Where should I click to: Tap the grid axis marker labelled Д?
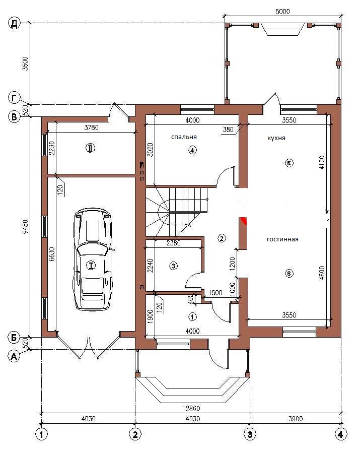point(15,23)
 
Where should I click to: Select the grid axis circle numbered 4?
point(341,434)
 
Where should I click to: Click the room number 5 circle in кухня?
point(289,163)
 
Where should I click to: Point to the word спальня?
point(184,137)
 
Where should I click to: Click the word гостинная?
point(282,239)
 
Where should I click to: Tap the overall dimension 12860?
point(191,409)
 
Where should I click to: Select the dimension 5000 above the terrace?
point(282,12)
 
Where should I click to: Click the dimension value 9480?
point(25,227)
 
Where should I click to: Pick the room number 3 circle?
point(173,266)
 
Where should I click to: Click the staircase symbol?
point(177,212)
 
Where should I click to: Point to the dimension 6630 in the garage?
point(52,254)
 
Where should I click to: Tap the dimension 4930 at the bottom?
point(192,418)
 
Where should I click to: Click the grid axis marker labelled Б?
point(14,337)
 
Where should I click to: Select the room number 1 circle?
point(192,316)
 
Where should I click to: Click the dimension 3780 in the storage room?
point(92,127)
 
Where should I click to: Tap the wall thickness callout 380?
point(228,130)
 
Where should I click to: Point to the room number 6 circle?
point(289,273)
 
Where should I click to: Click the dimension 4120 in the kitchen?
point(322,162)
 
